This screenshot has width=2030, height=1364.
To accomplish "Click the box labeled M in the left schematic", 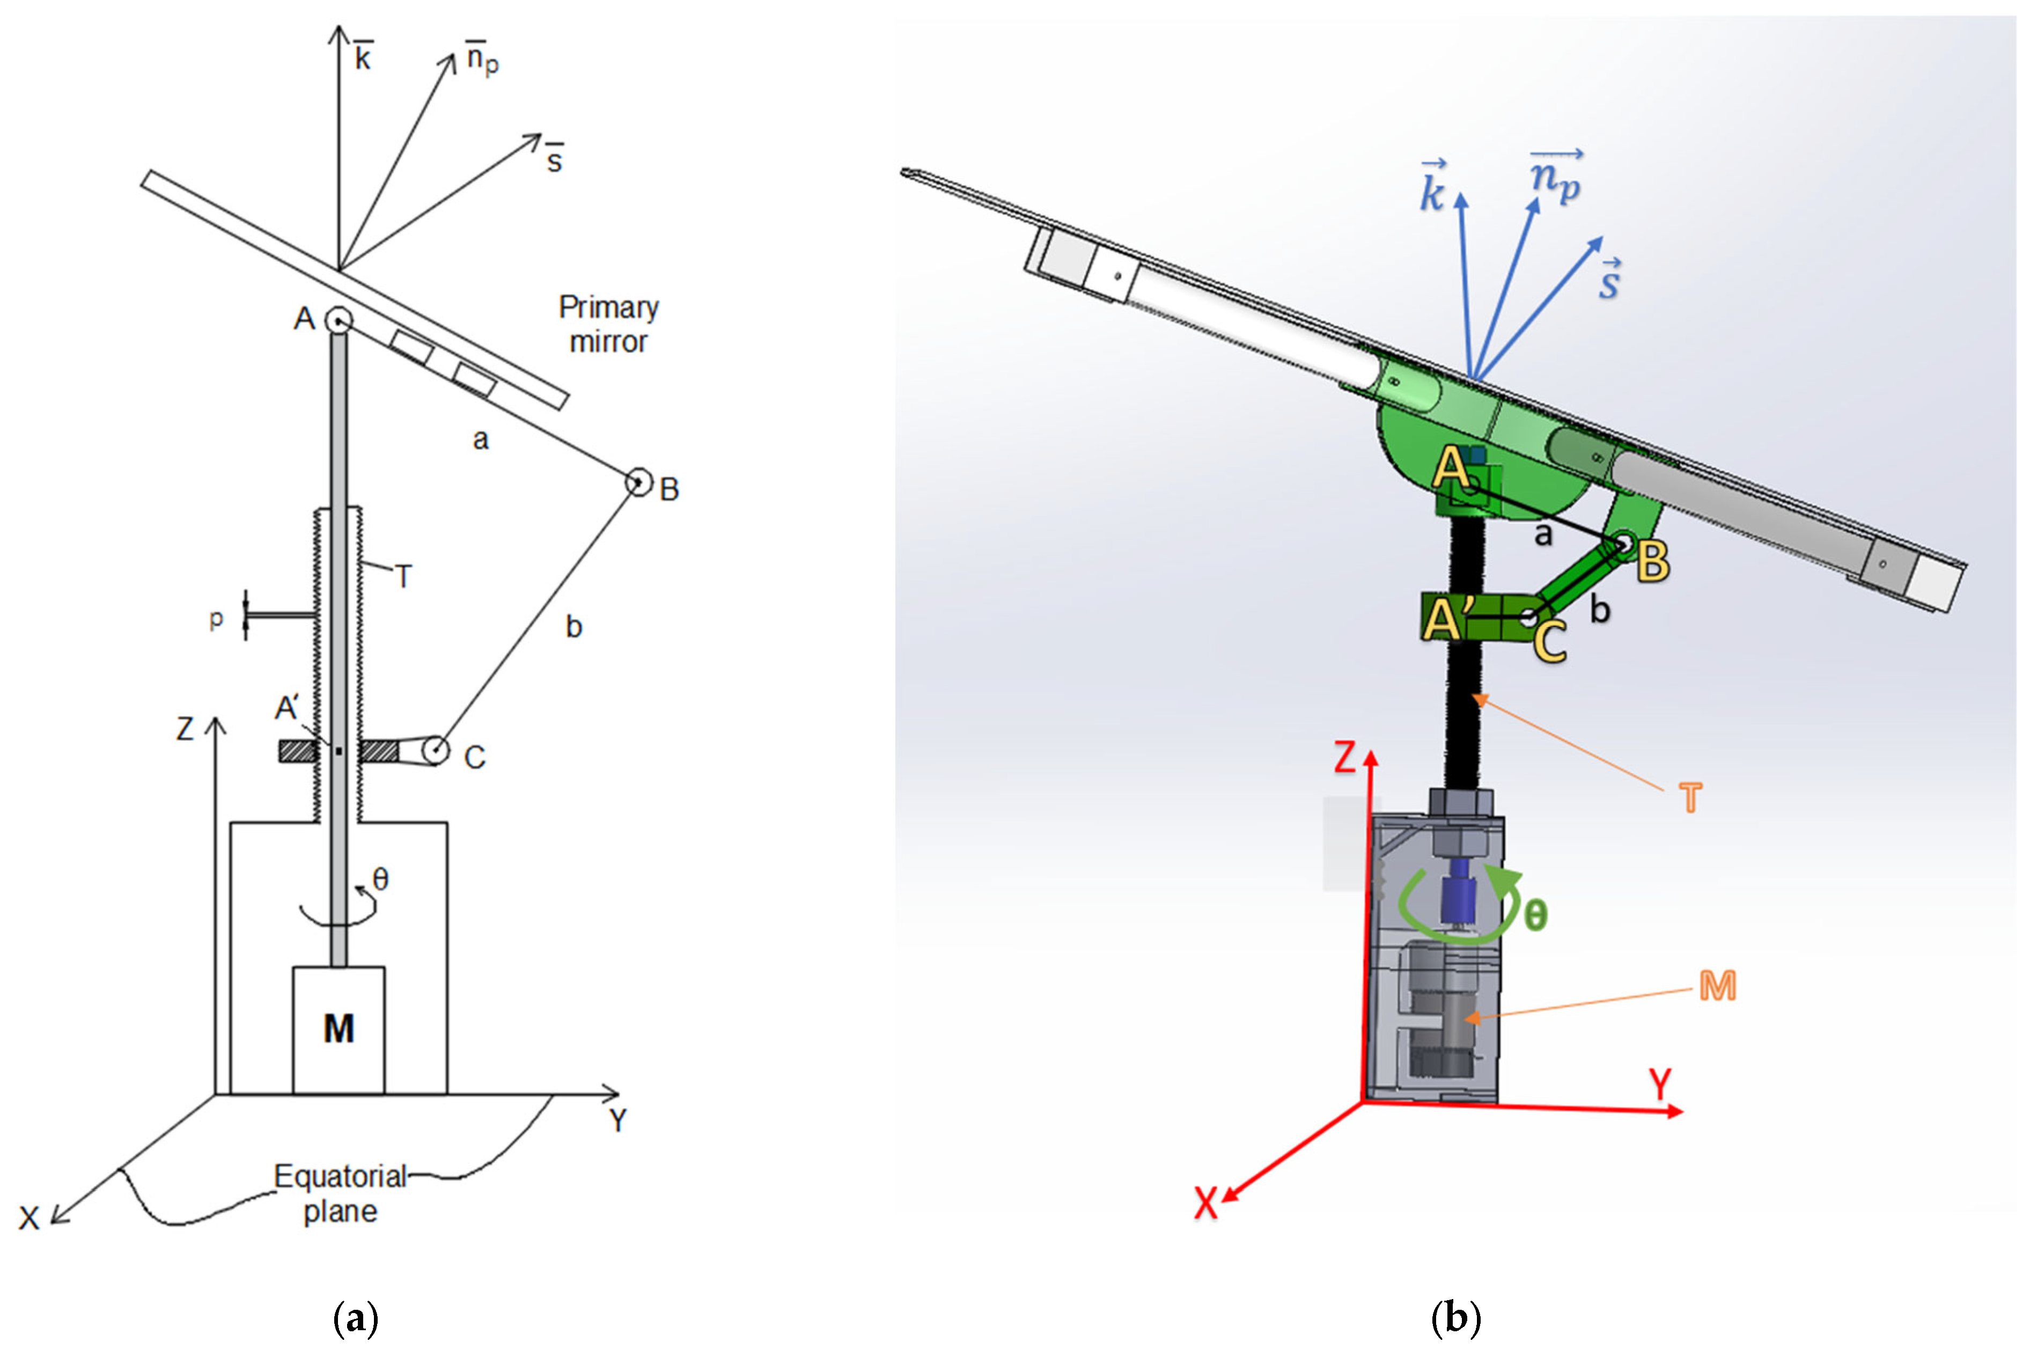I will coord(339,1029).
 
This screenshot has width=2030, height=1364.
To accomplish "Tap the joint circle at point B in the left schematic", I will coord(638,481).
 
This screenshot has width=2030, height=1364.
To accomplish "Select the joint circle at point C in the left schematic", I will coord(436,749).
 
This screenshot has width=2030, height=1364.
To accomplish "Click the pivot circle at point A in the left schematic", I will coord(339,321).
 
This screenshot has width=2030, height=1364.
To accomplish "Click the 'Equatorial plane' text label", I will coord(340,1193).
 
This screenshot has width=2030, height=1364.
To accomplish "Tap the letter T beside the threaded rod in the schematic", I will coord(403,576).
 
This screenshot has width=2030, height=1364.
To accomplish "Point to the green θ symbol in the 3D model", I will coord(1536,915).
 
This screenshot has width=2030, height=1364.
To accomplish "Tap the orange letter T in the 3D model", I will coord(1690,798).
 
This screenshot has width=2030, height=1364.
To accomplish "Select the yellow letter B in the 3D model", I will coord(1652,562).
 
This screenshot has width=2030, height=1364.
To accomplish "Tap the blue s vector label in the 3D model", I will coord(1609,280).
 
